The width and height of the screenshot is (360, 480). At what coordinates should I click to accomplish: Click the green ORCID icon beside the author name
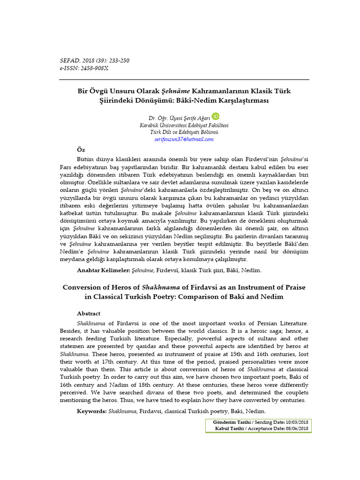click(x=216, y=116)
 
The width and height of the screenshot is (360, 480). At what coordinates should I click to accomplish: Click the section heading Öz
click(x=81, y=149)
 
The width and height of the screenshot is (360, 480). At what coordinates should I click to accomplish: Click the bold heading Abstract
click(x=89, y=314)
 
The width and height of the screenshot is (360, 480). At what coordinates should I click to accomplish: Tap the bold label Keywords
click(x=92, y=411)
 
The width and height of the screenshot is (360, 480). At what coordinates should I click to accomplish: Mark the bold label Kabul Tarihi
click(x=231, y=428)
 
